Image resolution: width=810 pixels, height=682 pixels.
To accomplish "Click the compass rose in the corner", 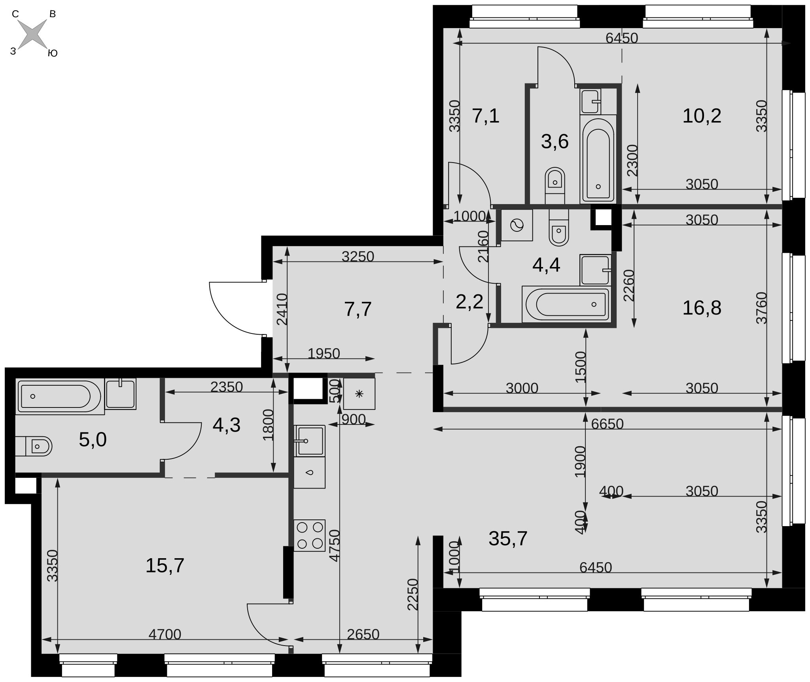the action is pos(33,34).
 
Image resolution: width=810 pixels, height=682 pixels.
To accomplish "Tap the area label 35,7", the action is pos(508,538).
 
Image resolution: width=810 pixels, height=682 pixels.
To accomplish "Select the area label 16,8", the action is pos(702,308).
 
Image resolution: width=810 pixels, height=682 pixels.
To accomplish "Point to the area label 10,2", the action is pos(702,116).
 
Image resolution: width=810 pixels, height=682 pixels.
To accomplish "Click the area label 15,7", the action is pos(165,565).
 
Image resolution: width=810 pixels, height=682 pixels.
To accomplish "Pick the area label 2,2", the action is pos(469,302).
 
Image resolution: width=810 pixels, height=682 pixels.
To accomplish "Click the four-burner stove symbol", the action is pos(309,536).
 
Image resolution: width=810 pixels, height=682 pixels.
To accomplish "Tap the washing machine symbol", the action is pos(517,225).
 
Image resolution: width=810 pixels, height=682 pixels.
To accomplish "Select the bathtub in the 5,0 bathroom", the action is pos(60,396).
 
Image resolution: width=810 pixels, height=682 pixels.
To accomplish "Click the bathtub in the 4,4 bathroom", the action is pos(566,304).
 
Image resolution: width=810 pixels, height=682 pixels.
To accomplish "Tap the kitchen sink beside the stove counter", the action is pos(309,441).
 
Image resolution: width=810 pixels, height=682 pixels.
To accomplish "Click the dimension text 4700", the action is pos(165,634).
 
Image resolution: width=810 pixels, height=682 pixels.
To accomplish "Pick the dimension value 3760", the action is pos(761,308).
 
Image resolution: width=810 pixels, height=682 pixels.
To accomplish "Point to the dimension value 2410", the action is pos(282,309).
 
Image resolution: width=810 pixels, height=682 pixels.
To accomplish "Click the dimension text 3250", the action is pos(358,256).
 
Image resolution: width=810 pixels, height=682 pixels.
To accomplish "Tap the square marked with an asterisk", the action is pos(359,394).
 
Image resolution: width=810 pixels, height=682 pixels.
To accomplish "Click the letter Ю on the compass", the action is pos(53,53).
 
